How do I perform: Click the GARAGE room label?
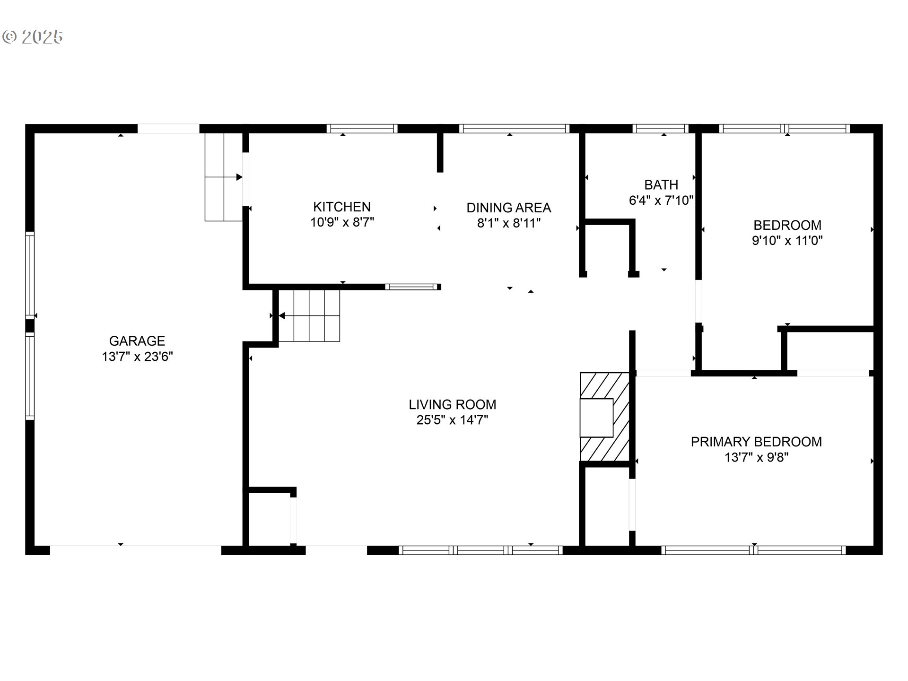(137, 341)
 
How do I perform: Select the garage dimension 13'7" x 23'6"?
(137, 357)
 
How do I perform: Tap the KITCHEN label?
(342, 207)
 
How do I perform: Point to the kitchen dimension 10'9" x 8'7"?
(342, 222)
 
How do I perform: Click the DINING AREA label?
(508, 208)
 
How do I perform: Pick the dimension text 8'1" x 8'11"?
(508, 223)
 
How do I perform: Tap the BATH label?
(661, 185)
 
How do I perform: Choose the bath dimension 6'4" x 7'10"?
(661, 201)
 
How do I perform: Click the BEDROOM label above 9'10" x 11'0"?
(787, 225)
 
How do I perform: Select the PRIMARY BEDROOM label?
(756, 442)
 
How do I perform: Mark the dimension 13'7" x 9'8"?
(756, 457)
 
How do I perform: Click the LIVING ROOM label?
(453, 404)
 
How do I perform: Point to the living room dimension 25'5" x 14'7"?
(453, 420)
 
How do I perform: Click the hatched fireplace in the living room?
(605, 417)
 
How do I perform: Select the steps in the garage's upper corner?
(223, 177)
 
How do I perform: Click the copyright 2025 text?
(33, 37)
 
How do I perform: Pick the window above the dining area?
(514, 129)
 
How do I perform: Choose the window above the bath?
(660, 129)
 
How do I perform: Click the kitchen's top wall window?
(362, 129)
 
